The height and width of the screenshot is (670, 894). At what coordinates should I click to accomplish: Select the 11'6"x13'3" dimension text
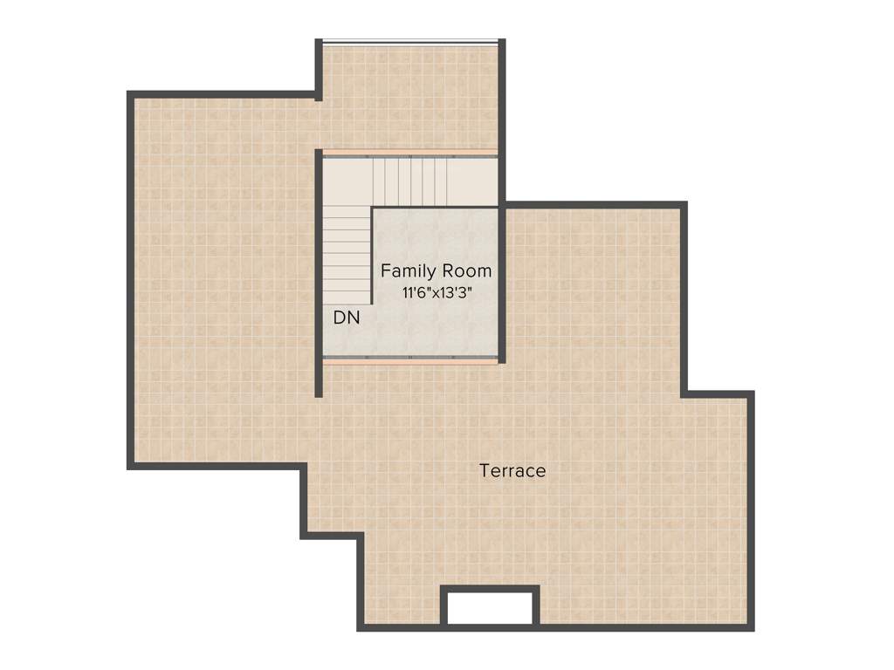(437, 293)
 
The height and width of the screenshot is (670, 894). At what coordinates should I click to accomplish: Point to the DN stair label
(347, 318)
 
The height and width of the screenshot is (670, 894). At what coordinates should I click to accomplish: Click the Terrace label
(512, 471)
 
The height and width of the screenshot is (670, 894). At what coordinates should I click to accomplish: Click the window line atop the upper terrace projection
(410, 40)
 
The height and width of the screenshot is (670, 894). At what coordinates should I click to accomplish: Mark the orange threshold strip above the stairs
(410, 153)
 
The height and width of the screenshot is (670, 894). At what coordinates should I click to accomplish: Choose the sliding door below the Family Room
(410, 359)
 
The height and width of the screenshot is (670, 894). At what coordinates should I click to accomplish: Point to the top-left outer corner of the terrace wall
(130, 93)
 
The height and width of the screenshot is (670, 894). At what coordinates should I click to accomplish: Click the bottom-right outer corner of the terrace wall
(751, 628)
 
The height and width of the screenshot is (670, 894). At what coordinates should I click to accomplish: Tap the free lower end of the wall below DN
(319, 394)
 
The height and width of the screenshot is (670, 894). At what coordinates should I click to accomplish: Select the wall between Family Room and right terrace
(502, 284)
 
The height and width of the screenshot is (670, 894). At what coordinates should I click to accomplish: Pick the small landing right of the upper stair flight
(473, 181)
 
